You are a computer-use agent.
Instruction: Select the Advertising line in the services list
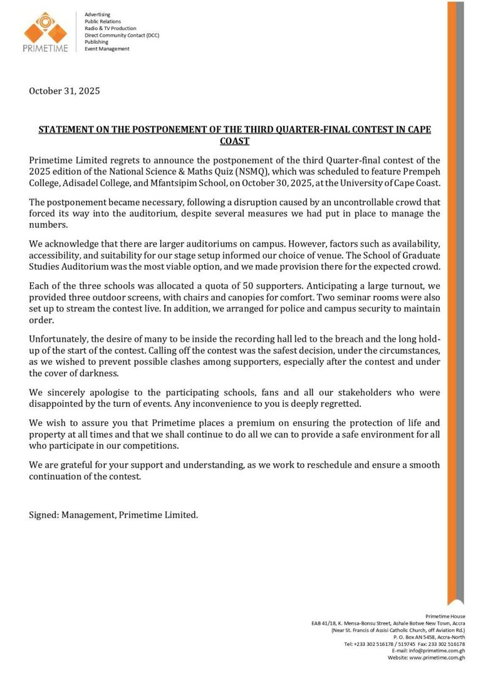click(x=97, y=14)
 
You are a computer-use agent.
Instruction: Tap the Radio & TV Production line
click(x=110, y=28)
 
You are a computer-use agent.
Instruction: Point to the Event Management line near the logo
click(x=107, y=49)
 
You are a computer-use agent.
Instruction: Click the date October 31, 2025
click(x=65, y=91)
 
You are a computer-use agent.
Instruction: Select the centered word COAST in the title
click(x=234, y=141)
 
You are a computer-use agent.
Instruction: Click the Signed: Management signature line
click(x=113, y=515)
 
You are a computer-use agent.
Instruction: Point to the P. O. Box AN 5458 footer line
click(x=429, y=637)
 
